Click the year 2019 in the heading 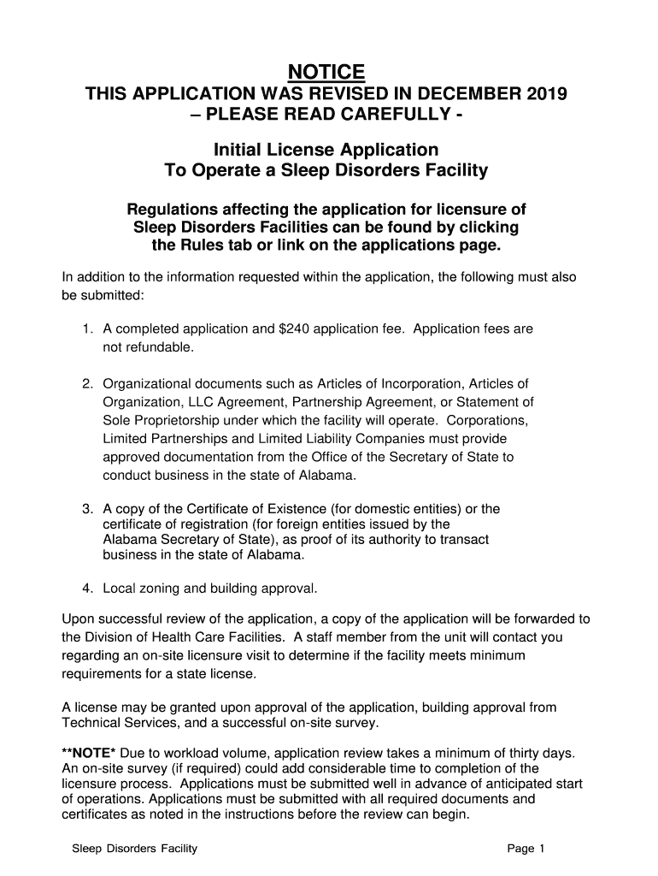point(543,93)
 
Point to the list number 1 point(87,328)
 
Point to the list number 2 point(87,383)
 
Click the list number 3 point(87,509)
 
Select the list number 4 point(87,589)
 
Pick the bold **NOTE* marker point(90,753)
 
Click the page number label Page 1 point(526,849)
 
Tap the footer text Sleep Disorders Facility point(135,849)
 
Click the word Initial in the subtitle point(243,150)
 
